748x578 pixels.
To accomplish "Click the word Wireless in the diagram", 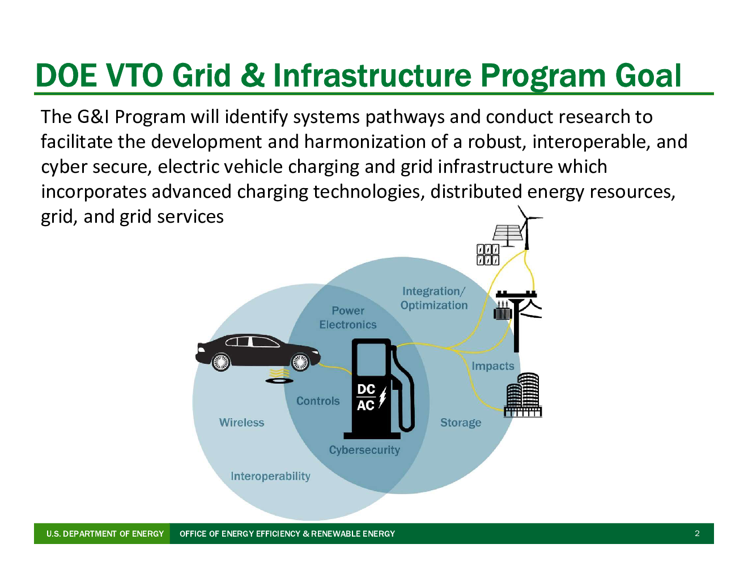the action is [241, 422].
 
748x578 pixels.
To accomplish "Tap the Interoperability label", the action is [270, 477].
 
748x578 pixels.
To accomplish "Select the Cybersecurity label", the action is [364, 450].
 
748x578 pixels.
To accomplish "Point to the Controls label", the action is [318, 401].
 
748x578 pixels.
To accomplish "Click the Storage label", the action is [461, 423].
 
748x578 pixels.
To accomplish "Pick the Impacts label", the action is [493, 366].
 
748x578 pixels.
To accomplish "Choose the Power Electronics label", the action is [348, 318].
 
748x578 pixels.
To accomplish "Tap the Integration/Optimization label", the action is [434, 299].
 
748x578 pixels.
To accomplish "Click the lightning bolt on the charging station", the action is [382, 397].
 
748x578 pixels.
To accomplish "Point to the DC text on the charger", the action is [366, 389].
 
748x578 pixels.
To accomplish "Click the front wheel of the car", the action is [300, 362].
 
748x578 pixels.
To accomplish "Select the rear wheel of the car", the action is [220, 362].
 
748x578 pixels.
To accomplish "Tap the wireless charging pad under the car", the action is [279, 381].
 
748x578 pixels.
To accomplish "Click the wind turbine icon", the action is [527, 227].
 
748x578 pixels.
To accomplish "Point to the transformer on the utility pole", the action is [503, 311].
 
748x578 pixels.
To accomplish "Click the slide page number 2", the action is [696, 534].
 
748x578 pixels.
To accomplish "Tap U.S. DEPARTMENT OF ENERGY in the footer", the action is [105, 534].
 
